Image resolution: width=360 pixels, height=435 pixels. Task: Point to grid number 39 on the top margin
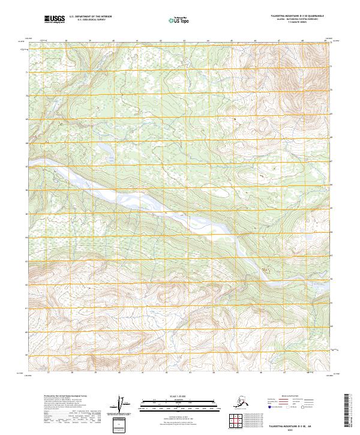click(x=89, y=41)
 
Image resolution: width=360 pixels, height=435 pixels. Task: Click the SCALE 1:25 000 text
click(x=166, y=397)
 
